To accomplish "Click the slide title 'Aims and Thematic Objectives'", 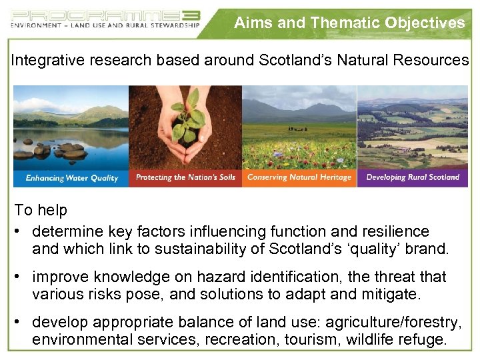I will pos(349,23).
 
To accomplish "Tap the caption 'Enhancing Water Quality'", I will pos(71,178).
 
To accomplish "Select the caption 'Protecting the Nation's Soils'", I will pos(185,177).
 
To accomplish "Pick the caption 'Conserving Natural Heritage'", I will pos(299,177).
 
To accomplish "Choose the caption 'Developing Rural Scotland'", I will pos(413,177).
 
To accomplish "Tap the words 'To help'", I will pos(41,210).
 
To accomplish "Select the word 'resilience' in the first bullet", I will pos(398,231).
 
